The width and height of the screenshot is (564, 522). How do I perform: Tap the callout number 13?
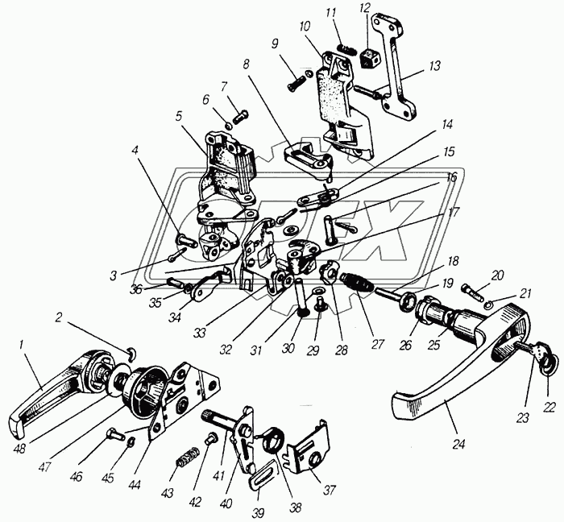tap(434, 66)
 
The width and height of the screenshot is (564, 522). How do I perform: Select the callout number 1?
tap(21, 346)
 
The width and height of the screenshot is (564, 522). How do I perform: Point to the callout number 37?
tap(330, 491)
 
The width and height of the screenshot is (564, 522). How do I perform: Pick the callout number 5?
tap(179, 116)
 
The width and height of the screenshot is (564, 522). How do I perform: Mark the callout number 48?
tap(20, 449)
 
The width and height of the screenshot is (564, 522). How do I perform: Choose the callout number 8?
tap(246, 64)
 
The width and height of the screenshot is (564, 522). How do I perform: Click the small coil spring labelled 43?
tap(187, 458)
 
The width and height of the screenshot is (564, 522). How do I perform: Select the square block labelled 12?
tap(368, 59)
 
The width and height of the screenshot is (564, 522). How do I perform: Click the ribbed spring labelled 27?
tap(357, 281)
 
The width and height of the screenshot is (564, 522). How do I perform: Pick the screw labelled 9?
tap(297, 83)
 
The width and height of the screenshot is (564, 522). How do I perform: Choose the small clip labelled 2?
tap(133, 354)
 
